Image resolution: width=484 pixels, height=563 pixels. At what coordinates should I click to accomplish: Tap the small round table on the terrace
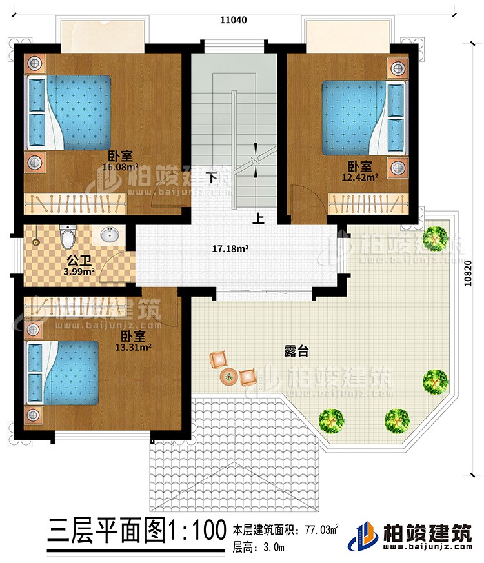click(228, 375)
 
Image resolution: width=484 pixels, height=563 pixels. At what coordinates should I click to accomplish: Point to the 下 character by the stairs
click(211, 175)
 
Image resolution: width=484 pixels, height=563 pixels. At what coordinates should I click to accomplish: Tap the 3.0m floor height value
click(271, 549)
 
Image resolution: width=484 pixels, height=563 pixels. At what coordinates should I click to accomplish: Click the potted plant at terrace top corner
click(437, 237)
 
